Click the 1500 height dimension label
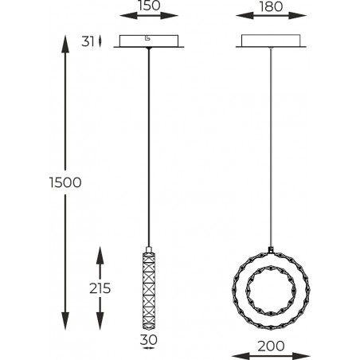pos(65,182)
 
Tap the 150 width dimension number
pos(149,6)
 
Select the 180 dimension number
pos(271,6)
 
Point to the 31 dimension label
pos(88,41)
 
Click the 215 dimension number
pos(100,288)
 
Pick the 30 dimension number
pos(149,339)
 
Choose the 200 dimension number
pos(271,346)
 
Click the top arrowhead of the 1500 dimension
pos(65,44)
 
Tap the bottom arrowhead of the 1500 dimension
pos(65,321)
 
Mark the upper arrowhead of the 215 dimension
pos(100,256)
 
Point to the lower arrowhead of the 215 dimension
pos(100,321)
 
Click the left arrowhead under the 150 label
pos(128,16)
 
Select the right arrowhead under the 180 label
pos(298,16)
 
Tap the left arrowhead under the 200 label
pos(241,356)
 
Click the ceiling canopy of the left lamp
pos(149,41)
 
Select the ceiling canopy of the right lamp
pos(271,41)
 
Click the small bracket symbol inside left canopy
pos(147,38)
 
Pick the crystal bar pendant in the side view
pos(149,288)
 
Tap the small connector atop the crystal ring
pos(271,250)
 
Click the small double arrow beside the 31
pos(100,41)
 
